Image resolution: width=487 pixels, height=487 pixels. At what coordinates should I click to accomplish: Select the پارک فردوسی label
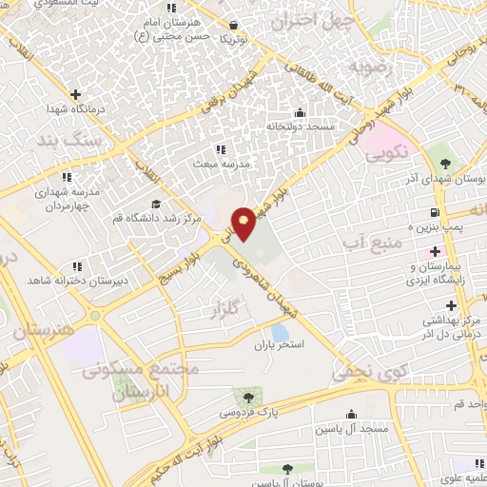tap(244, 413)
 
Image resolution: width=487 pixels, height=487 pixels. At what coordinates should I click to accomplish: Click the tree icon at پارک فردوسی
tap(249, 396)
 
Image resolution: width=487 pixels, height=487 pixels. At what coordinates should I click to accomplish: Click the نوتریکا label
tap(234, 41)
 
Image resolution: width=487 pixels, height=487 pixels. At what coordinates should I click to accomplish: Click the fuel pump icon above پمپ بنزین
tap(434, 211)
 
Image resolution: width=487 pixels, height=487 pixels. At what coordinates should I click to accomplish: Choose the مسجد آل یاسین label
tap(353, 430)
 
